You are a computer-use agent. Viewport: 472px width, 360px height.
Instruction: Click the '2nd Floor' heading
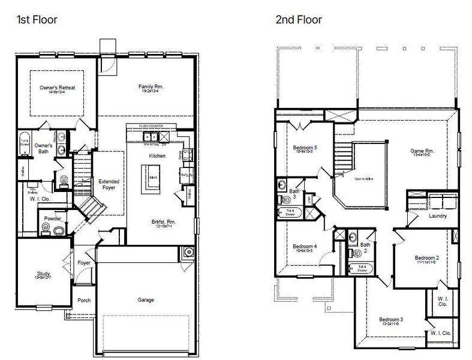(298, 20)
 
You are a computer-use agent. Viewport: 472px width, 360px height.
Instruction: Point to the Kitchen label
(149, 156)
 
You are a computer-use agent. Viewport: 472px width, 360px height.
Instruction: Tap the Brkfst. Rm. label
(163, 221)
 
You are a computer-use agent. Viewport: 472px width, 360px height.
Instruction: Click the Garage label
(146, 299)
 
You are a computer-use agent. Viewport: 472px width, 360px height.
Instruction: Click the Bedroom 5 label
(305, 147)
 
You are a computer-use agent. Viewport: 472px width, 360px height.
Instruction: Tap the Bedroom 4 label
(305, 247)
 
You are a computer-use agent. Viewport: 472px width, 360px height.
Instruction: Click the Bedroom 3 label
(390, 319)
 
